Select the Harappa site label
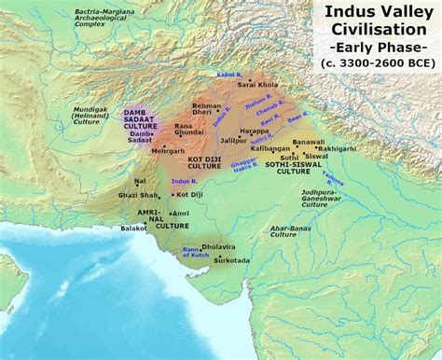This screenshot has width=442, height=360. click(254, 131)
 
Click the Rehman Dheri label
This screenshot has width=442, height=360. click(208, 110)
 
